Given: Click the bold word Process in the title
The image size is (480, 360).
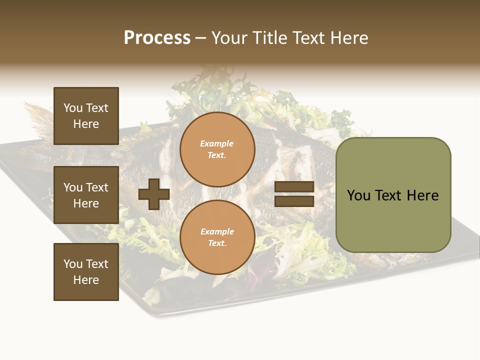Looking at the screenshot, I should pyautogui.click(x=157, y=38).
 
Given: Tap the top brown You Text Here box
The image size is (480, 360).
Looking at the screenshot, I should pyautogui.click(x=86, y=116).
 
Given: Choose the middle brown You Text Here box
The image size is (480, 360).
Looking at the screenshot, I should pyautogui.click(x=86, y=195).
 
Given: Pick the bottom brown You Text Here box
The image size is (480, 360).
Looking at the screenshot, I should pyautogui.click(x=86, y=271).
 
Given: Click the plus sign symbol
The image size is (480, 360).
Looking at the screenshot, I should pyautogui.click(x=154, y=194).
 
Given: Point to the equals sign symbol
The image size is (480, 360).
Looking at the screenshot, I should pyautogui.click(x=294, y=194).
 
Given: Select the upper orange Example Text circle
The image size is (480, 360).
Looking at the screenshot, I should pyautogui.click(x=217, y=149).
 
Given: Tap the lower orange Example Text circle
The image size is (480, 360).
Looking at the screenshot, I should pyautogui.click(x=217, y=237).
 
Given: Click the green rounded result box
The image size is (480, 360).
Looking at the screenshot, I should pyautogui.click(x=393, y=195).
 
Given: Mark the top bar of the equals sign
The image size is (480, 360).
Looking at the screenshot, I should pyautogui.click(x=294, y=187).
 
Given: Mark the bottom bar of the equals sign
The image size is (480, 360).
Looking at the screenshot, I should pyautogui.click(x=294, y=201).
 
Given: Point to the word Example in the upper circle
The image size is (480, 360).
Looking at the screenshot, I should pyautogui.click(x=217, y=144).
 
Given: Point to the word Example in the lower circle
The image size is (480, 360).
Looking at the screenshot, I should pyautogui.click(x=217, y=232).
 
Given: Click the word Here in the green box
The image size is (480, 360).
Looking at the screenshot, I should pyautogui.click(x=422, y=195).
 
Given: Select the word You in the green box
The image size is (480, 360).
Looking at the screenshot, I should pyautogui.click(x=359, y=195).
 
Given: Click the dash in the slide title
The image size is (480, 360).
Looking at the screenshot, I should pyautogui.click(x=201, y=38).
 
